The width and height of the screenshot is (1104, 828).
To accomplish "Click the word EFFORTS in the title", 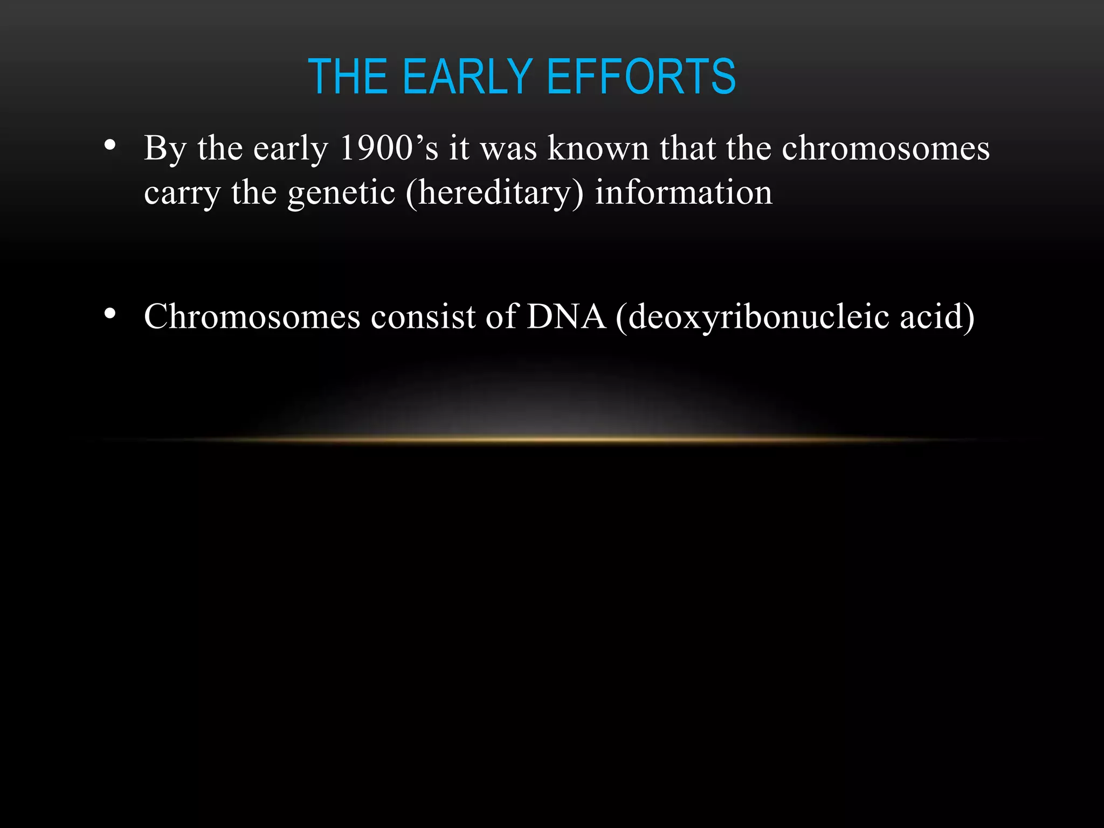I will (641, 77).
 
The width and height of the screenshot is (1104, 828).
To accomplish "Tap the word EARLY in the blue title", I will (467, 77).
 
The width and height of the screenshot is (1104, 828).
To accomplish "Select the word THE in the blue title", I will (348, 77).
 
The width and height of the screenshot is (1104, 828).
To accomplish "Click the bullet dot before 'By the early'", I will (110, 145).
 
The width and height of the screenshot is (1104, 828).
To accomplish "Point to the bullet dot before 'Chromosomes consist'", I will (110, 314).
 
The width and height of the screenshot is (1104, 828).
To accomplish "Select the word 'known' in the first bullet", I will (598, 148).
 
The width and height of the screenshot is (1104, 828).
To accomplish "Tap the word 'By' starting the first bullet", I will (165, 149).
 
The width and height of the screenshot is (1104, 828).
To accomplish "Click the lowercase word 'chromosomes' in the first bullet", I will (885, 148).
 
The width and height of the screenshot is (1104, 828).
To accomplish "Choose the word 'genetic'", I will (341, 193).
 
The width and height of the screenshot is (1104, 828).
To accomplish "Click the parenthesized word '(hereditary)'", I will (494, 193).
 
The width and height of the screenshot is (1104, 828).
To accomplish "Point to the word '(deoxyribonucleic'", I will (752, 317).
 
